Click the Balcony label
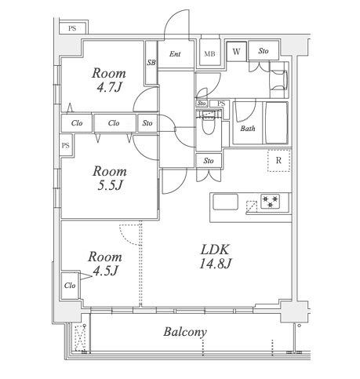[x=185, y=332]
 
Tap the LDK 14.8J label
[x=215, y=257]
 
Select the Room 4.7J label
[x=109, y=80]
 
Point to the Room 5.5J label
[x=110, y=178]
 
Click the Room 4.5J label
[x=105, y=264]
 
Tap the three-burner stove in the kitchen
[x=270, y=201]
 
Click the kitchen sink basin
[x=225, y=202]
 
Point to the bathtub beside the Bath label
[x=277, y=122]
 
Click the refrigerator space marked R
[x=278, y=161]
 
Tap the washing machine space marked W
[x=236, y=52]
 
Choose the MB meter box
[x=210, y=52]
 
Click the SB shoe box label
[x=151, y=63]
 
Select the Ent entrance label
[x=175, y=54]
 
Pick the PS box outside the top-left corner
[x=73, y=28]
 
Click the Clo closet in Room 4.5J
[x=70, y=286]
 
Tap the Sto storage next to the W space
[x=264, y=50]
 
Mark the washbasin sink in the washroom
[x=279, y=80]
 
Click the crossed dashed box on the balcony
[x=79, y=338]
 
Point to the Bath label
[x=248, y=129]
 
